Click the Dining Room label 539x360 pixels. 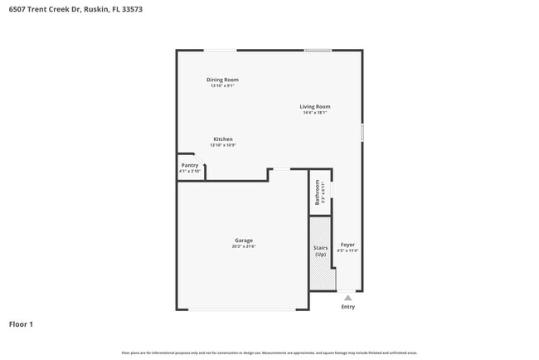click(x=222, y=80)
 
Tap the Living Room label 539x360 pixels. click(x=315, y=106)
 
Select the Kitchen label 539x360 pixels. click(x=223, y=139)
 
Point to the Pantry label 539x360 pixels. click(x=190, y=165)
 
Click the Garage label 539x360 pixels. click(x=243, y=241)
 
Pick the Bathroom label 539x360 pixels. click(x=317, y=192)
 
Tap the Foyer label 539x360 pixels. click(x=347, y=245)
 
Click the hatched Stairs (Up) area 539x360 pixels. click(x=321, y=252)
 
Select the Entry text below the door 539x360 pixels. click(x=348, y=307)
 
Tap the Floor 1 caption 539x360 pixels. click(x=21, y=324)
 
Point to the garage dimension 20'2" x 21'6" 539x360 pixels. click(x=243, y=246)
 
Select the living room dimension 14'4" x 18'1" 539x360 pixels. click(x=315, y=113)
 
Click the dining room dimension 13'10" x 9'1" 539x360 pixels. click(x=222, y=85)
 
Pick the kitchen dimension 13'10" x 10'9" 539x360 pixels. click(x=223, y=145)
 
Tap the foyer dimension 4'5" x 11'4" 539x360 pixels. click(x=347, y=251)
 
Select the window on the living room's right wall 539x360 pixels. click(x=362, y=132)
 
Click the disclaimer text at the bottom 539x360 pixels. click(x=269, y=353)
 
